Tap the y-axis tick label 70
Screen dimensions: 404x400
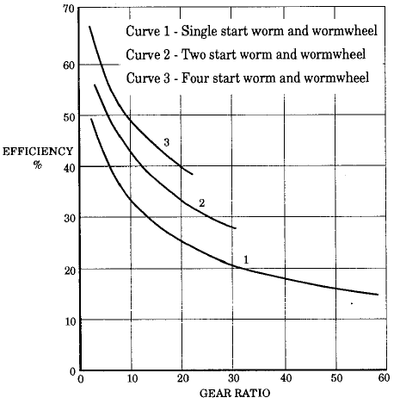pyautogui.click(x=67, y=9)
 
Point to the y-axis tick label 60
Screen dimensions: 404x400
pyautogui.click(x=67, y=65)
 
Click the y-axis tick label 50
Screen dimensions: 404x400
pyautogui.click(x=67, y=116)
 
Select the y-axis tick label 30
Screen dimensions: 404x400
pyautogui.click(x=67, y=219)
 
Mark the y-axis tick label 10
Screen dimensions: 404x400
pyautogui.click(x=67, y=321)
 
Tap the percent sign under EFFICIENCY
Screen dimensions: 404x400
pyautogui.click(x=38, y=165)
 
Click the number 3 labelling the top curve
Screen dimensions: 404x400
pyautogui.click(x=165, y=141)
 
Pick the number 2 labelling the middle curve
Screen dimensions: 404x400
pyautogui.click(x=200, y=202)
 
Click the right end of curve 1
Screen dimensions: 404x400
pyautogui.click(x=378, y=295)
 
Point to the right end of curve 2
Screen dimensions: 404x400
pyautogui.click(x=235, y=228)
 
